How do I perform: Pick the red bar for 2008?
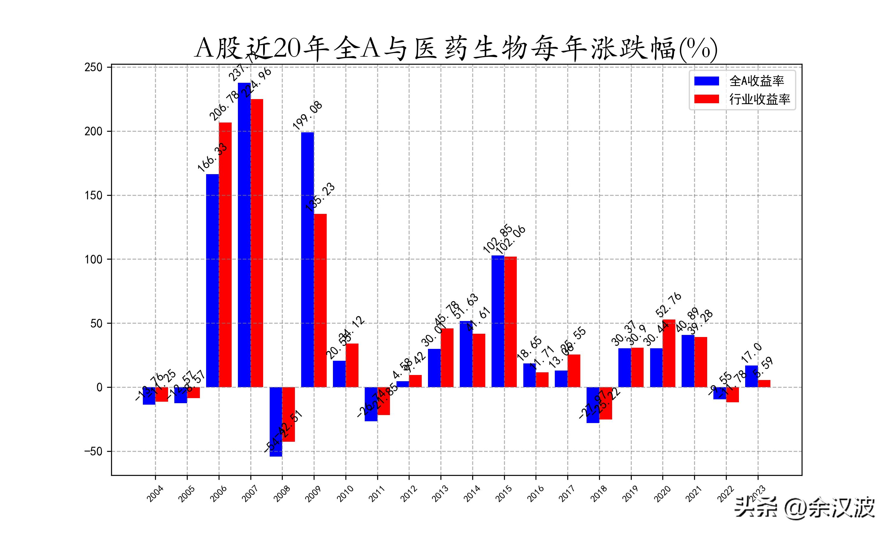(x=288, y=414)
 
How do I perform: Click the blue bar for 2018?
(x=593, y=405)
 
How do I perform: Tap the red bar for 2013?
(x=447, y=358)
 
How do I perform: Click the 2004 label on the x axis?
(x=155, y=493)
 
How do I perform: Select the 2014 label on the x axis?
(x=472, y=493)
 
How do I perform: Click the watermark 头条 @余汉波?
(x=805, y=507)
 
